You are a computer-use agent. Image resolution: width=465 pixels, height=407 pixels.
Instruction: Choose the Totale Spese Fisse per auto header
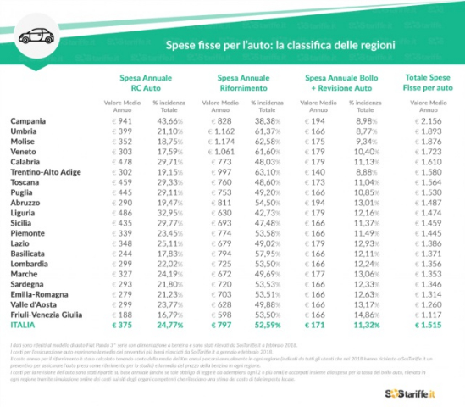(x=428, y=82)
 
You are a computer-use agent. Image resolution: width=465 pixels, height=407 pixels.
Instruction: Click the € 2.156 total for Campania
(x=429, y=121)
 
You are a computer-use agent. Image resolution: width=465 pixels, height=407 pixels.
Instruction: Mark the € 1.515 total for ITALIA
(x=428, y=324)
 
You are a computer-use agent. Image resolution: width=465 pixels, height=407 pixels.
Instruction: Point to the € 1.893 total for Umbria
(x=429, y=131)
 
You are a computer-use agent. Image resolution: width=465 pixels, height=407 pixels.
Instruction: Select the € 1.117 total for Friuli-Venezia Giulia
(x=429, y=313)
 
